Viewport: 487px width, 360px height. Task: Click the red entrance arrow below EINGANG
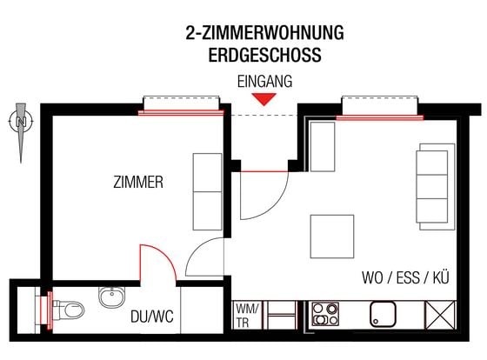(x=267, y=98)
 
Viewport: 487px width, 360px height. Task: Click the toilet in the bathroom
(x=70, y=308)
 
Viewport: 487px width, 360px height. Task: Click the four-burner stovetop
(x=325, y=313)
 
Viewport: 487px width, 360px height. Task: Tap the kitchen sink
(x=384, y=313)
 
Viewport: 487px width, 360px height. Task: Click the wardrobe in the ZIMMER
(x=207, y=191)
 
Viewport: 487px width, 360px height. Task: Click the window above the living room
(x=380, y=109)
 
